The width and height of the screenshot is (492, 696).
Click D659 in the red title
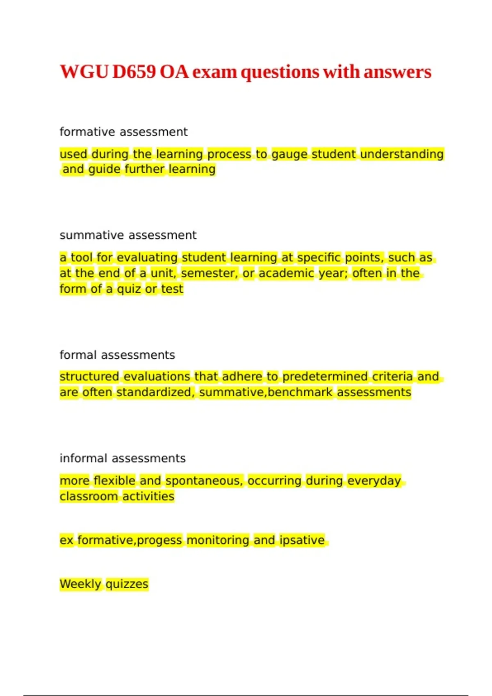pyautogui.click(x=134, y=72)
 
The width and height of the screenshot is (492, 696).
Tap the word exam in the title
pyautogui.click(x=214, y=72)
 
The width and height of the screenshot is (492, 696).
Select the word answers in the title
pyautogui.click(x=397, y=72)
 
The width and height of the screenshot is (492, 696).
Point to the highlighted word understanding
pyautogui.click(x=402, y=154)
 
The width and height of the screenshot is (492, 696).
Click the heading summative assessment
pyautogui.click(x=128, y=235)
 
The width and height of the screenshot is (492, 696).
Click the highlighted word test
pyautogui.click(x=172, y=289)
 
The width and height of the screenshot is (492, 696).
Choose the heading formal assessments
pyautogui.click(x=117, y=355)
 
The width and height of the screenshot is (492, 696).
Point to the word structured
pyautogui.click(x=89, y=377)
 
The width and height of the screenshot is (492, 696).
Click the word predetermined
pyautogui.click(x=325, y=377)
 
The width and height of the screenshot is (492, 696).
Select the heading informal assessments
pyautogui.click(x=123, y=458)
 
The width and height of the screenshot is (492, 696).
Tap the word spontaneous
pyautogui.click(x=204, y=481)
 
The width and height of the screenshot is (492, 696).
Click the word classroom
pyautogui.click(x=89, y=496)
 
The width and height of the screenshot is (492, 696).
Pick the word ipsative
pyautogui.click(x=302, y=540)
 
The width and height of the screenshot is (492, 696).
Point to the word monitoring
pyautogui.click(x=218, y=540)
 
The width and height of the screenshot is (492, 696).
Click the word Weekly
pyautogui.click(x=80, y=584)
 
